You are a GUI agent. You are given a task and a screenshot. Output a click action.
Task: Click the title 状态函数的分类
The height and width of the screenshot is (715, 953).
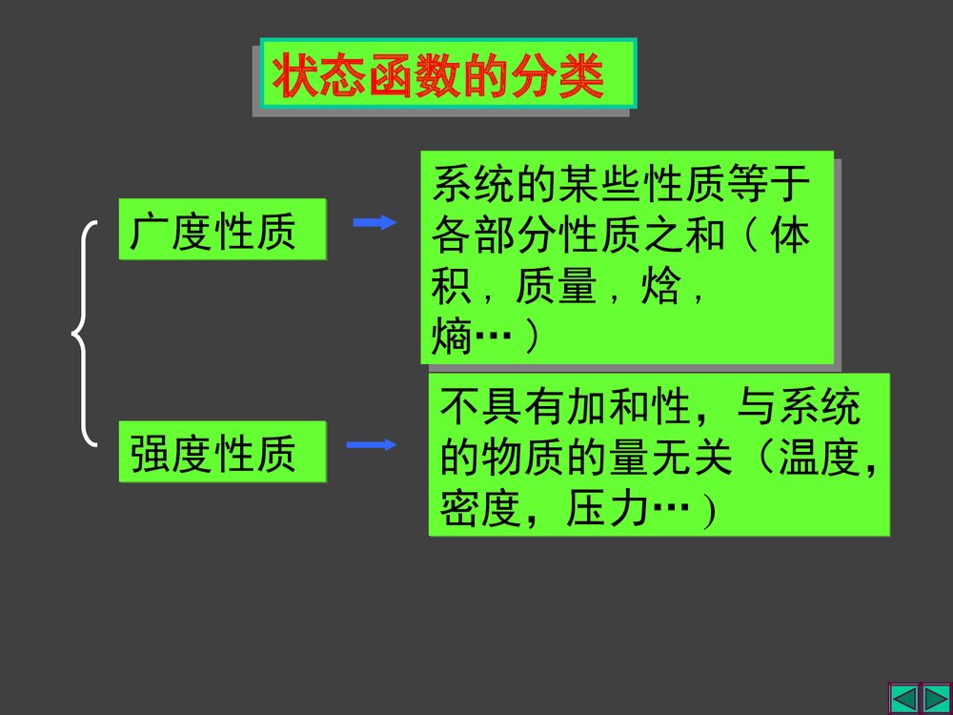pos(439,77)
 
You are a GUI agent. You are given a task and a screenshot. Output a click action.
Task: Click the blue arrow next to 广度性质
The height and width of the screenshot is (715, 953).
pos(374,223)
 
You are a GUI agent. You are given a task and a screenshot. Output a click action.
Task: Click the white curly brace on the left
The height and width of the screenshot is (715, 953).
pos(86,334)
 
